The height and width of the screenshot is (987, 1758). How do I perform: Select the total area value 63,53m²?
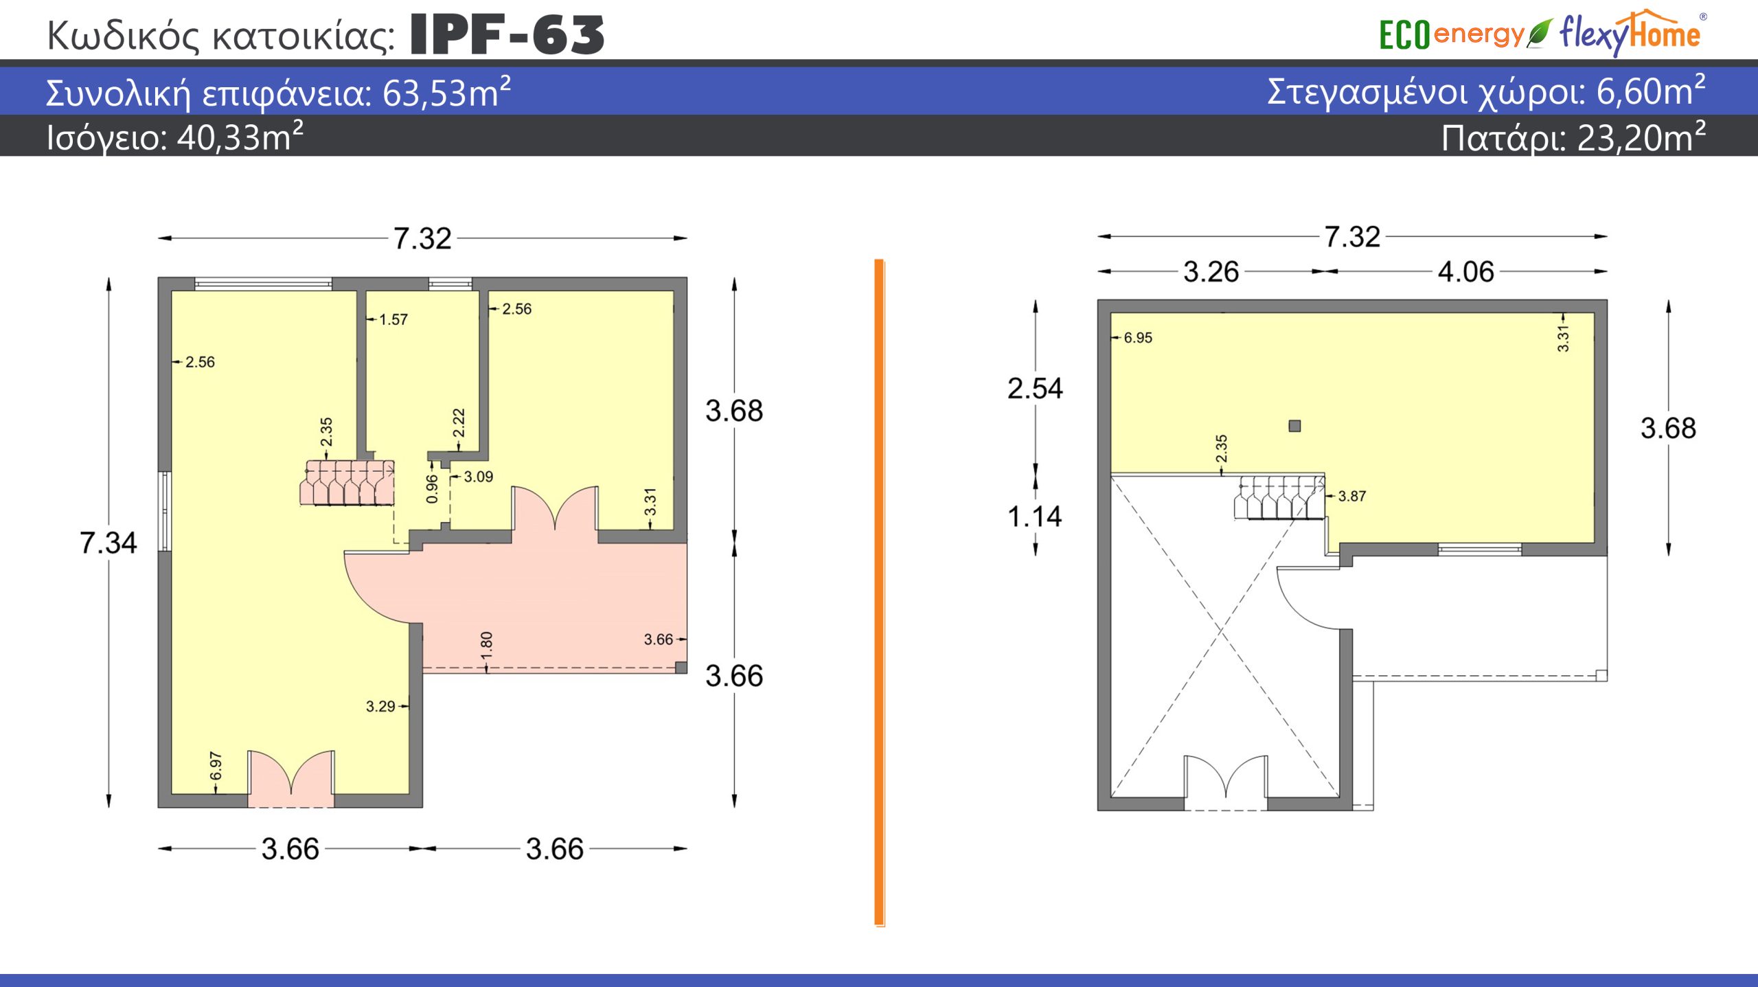pyautogui.click(x=446, y=92)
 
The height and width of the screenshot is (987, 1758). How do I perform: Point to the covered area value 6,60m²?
pyautogui.click(x=1651, y=91)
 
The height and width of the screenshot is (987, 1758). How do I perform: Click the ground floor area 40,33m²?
pyautogui.click(x=240, y=137)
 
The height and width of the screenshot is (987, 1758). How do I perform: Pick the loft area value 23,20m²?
pyautogui.click(x=1641, y=137)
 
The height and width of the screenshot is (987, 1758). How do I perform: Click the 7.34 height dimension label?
pyautogui.click(x=109, y=543)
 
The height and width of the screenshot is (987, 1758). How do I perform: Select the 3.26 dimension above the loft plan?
pyautogui.click(x=1211, y=272)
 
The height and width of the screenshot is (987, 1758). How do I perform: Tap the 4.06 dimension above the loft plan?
pyautogui.click(x=1465, y=272)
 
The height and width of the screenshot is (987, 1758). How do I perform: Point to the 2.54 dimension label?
pyautogui.click(x=1035, y=389)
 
